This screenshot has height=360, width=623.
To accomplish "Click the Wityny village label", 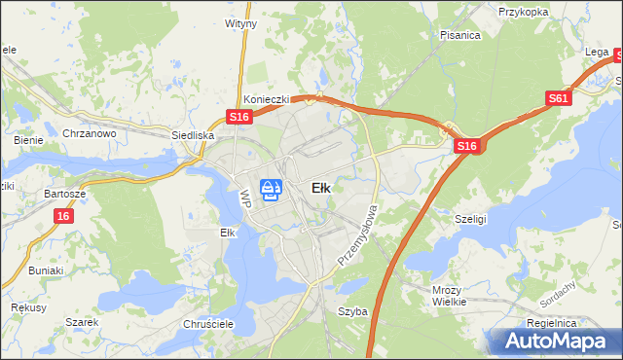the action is click(x=240, y=21).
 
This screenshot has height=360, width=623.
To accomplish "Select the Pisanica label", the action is click(x=459, y=35).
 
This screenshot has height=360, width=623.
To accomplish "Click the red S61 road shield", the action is click(x=558, y=98).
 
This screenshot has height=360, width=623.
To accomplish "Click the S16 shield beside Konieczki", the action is click(x=240, y=117).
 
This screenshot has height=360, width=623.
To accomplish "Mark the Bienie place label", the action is click(x=28, y=140).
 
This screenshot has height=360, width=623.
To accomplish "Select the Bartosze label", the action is click(x=65, y=194).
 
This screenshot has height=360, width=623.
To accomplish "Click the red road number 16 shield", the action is click(x=62, y=216).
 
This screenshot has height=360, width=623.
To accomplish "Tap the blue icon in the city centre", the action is click(x=272, y=189).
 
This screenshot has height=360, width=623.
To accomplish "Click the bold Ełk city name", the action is click(x=320, y=188).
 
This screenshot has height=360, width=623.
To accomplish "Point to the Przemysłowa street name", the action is click(x=356, y=235).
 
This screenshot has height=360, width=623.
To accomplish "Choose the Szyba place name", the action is click(x=351, y=311).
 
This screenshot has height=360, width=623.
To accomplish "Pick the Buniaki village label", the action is click(x=46, y=270).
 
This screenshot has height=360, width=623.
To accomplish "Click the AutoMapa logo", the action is click(x=555, y=342).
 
